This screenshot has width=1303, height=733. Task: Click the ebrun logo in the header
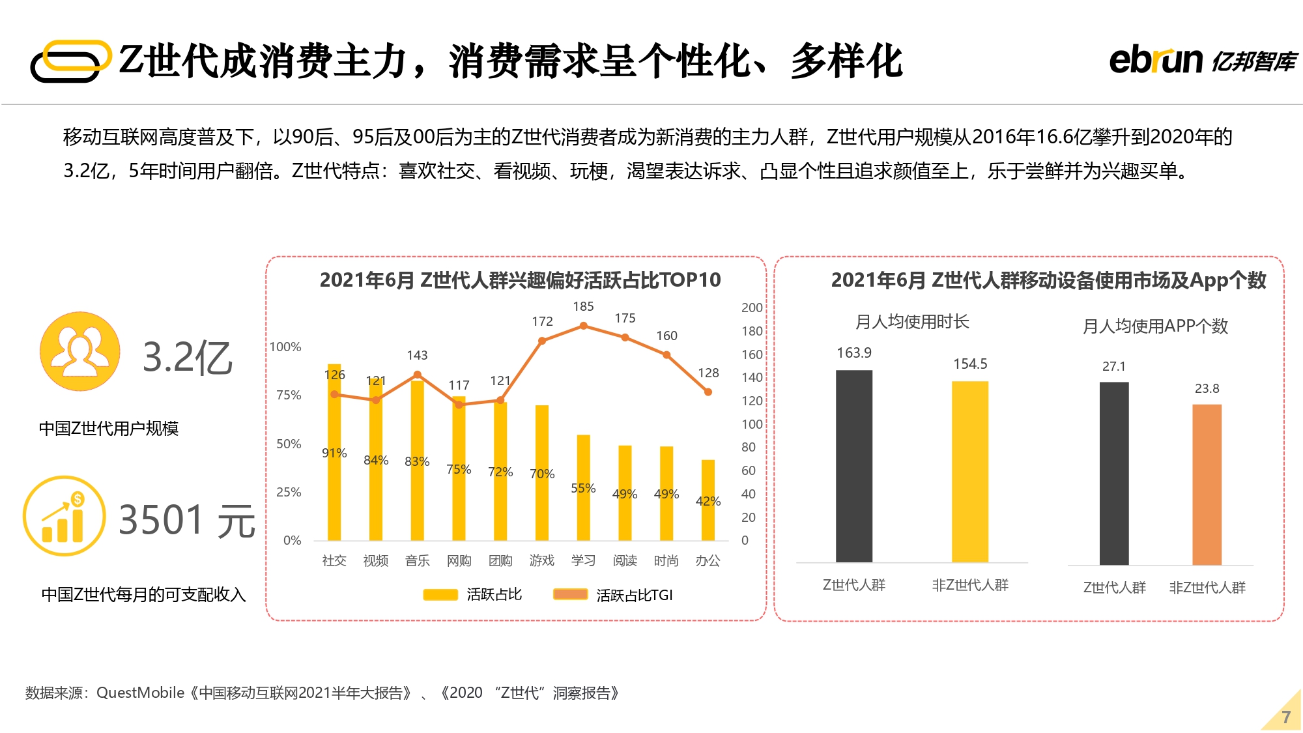click(1202, 60)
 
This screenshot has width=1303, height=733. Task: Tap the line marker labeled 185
click(584, 326)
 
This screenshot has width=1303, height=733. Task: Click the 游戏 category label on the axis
click(541, 560)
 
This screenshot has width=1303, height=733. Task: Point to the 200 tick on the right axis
click(752, 308)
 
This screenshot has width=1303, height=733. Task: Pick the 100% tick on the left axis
click(286, 347)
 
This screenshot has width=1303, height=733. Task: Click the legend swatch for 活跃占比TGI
click(570, 594)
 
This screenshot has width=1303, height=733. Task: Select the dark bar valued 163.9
click(853, 466)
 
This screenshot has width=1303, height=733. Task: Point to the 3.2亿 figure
click(188, 358)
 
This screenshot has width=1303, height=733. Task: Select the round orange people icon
click(80, 351)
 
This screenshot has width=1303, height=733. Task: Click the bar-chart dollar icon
click(64, 516)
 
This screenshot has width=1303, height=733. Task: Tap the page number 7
click(1286, 717)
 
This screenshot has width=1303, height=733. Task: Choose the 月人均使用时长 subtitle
click(911, 322)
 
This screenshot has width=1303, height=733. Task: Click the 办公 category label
click(708, 560)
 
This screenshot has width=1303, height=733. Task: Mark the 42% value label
click(708, 501)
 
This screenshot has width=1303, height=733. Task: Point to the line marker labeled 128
click(708, 392)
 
